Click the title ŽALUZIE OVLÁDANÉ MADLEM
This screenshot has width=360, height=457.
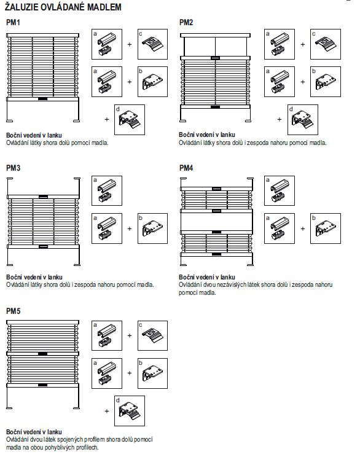click(63, 7)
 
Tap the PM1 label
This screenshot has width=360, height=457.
click(13, 23)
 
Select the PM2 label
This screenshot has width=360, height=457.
click(186, 23)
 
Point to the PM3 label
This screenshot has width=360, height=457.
click(13, 168)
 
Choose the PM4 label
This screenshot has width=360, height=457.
click(186, 168)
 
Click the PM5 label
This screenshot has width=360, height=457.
click(13, 311)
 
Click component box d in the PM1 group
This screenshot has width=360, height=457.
click(130, 120)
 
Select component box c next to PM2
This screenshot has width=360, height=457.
click(326, 44)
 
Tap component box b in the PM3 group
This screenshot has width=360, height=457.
click(152, 228)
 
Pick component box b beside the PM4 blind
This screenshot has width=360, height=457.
click(326, 228)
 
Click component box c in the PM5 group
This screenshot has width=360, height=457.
click(152, 335)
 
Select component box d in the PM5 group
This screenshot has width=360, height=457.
click(130, 411)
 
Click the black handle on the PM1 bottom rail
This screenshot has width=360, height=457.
click(42, 99)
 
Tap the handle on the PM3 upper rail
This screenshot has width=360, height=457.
click(43, 197)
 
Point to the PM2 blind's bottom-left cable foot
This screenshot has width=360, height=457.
click(183, 120)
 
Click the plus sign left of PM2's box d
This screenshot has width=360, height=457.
click(280, 119)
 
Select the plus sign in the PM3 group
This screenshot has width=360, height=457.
click(130, 228)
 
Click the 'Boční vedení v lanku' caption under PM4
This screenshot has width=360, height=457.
click(206, 277)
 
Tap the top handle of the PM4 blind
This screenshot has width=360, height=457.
click(216, 189)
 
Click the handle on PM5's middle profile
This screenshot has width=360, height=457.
click(42, 354)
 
